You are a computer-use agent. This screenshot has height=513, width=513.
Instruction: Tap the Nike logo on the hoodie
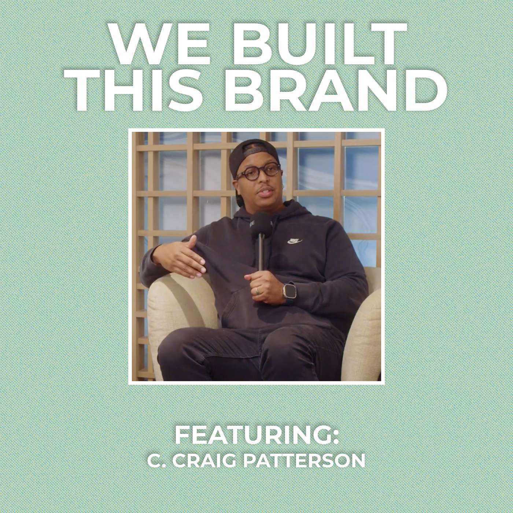click(294, 241)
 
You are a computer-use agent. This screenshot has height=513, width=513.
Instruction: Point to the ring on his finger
click(258, 291)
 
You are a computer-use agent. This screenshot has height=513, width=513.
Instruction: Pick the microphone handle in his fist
click(261, 256)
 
